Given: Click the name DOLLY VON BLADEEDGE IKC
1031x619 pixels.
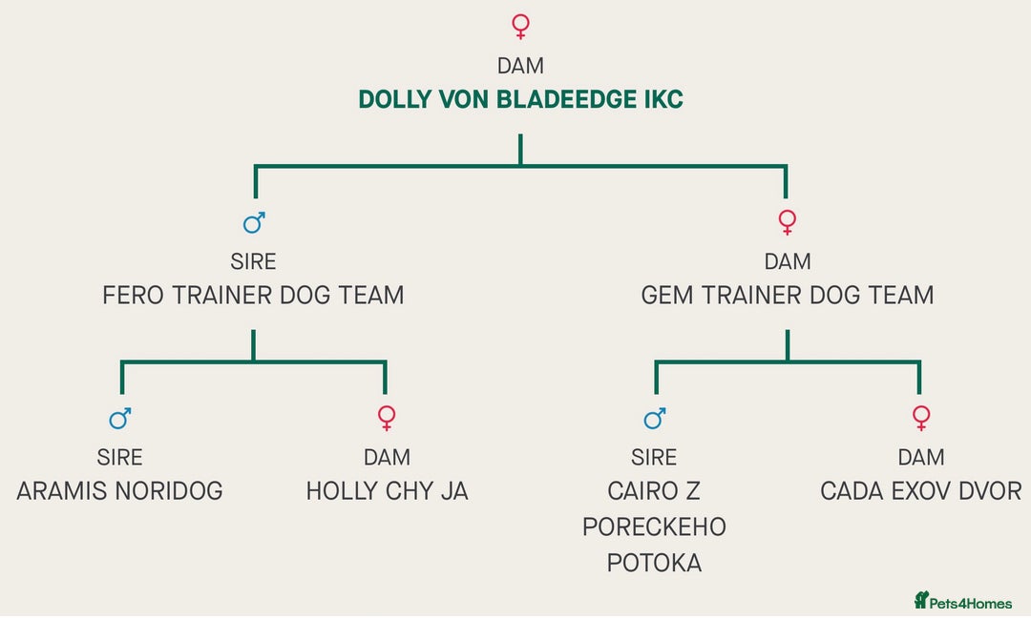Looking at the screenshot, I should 520,100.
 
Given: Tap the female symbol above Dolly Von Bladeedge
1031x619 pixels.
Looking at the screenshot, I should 520,26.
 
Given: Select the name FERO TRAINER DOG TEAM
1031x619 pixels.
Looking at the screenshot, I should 253,296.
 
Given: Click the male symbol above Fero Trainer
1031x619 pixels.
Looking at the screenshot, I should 254,223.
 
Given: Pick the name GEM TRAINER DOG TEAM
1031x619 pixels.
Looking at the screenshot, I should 788,296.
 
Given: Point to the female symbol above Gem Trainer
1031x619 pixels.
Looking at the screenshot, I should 787,223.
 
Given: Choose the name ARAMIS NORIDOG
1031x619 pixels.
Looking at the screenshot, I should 120,491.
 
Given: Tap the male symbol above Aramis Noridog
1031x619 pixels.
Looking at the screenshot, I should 120,418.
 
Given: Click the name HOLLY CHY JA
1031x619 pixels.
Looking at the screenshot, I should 387,491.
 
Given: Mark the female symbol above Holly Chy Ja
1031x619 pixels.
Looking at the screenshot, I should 387,418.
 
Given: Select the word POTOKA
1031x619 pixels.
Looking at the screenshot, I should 654,563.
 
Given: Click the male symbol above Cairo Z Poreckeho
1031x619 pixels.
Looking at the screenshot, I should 655,418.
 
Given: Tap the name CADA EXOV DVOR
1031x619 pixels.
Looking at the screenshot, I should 920,491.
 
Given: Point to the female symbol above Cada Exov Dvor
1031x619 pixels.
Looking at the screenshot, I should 920,418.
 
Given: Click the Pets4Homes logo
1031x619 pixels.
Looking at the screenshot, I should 962,600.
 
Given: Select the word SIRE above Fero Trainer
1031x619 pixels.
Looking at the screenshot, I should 253,261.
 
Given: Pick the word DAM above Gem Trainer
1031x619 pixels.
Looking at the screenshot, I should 788,261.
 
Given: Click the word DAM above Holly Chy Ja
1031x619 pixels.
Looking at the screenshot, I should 387,457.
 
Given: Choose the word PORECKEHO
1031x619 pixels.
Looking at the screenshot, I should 654,526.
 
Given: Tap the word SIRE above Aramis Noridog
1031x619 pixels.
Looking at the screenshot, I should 120,457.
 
